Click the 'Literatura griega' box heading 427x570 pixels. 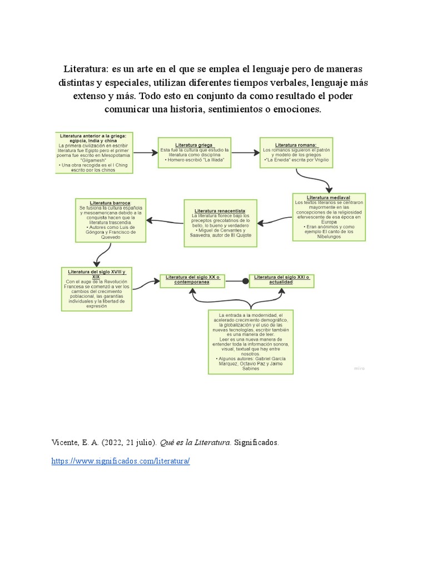[x=191, y=145]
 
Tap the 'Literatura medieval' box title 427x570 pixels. [x=329, y=198]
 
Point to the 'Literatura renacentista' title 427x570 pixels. [x=221, y=211]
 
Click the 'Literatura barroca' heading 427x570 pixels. [x=111, y=203]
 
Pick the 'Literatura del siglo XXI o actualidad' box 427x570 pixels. [x=281, y=280]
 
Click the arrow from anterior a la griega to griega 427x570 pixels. [x=146, y=152]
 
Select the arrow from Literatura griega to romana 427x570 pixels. [x=242, y=152]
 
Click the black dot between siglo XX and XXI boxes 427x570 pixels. [x=245, y=282]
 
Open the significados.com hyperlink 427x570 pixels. [x=121, y=461]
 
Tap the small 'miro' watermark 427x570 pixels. [x=359, y=368]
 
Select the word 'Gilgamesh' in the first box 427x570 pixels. [x=95, y=160]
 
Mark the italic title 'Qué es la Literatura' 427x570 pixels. [x=195, y=443]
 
